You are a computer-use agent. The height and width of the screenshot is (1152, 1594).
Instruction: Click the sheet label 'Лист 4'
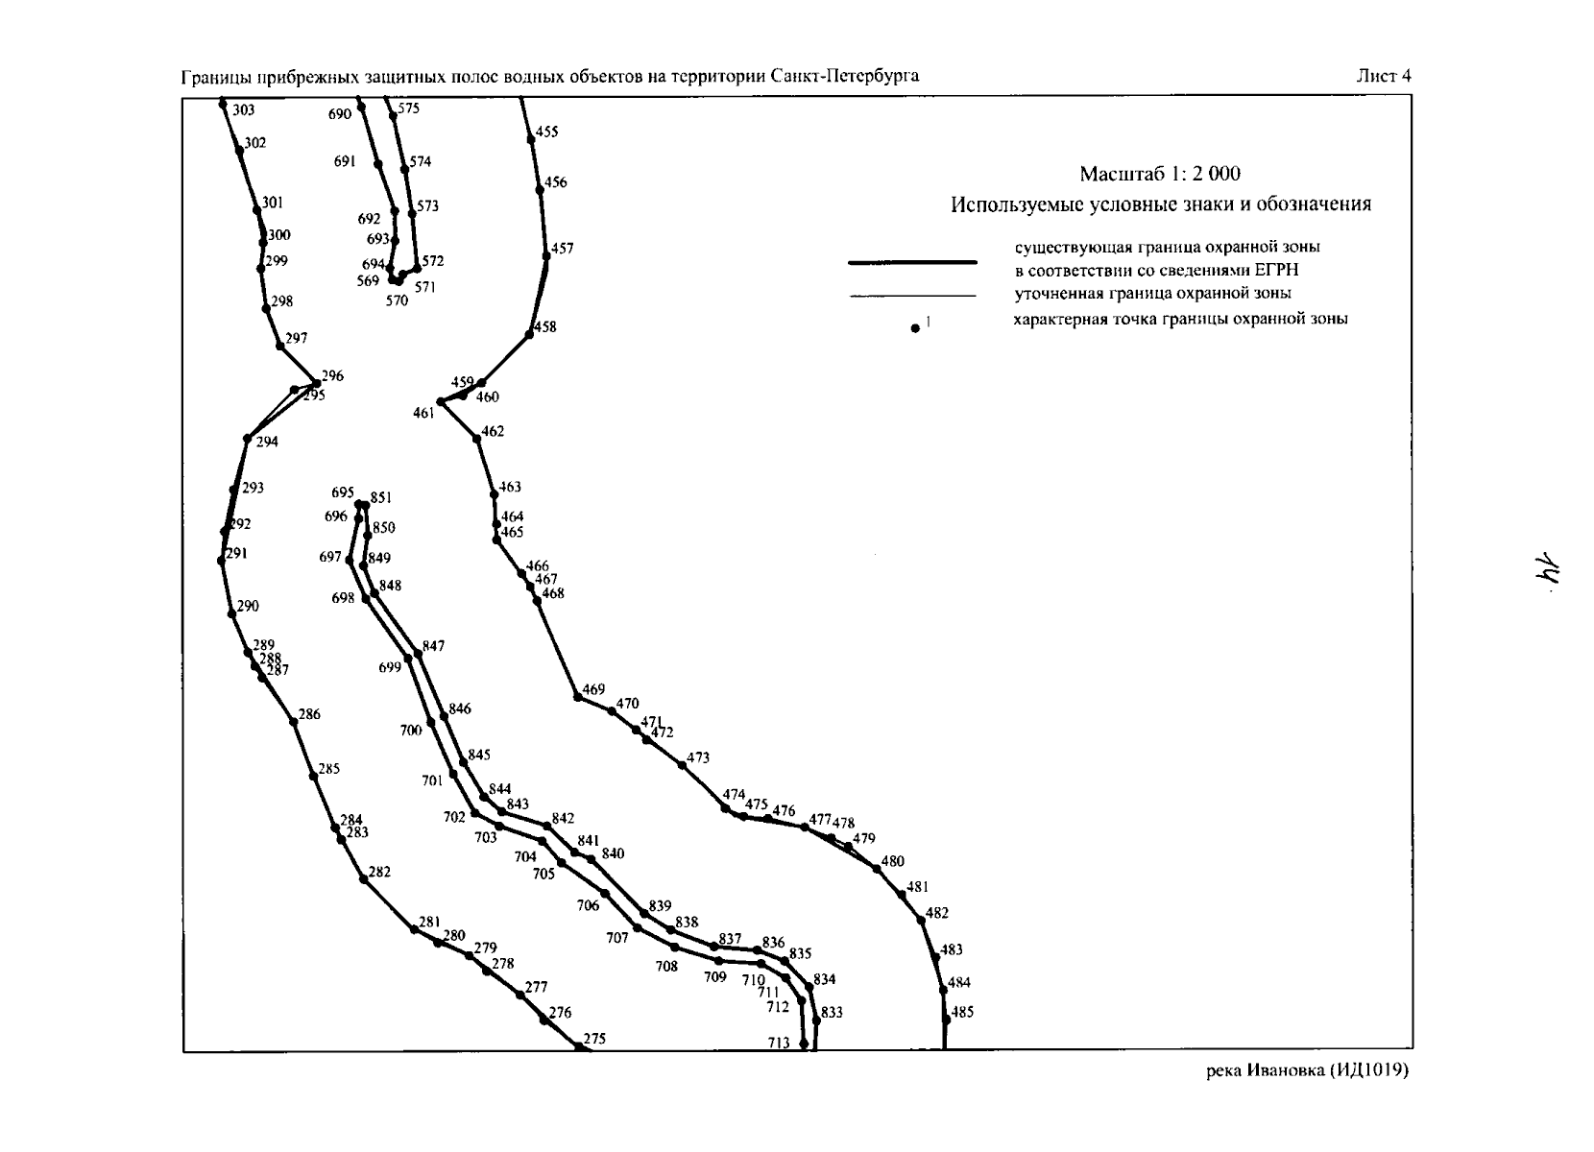coord(1384,76)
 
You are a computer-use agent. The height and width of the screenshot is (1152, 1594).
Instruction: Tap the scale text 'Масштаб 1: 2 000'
coord(1160,174)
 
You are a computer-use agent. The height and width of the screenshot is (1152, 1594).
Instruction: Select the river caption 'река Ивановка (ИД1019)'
coord(1307,1070)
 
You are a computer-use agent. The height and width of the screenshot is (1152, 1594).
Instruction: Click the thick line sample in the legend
coord(912,263)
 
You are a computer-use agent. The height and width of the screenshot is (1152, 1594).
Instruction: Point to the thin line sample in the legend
coord(913,296)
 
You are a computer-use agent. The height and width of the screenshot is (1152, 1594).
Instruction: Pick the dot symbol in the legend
coord(915,328)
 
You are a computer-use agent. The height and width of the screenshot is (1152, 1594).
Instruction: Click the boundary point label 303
coord(243,110)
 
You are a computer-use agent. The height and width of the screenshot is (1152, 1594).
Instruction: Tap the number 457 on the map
coord(562,249)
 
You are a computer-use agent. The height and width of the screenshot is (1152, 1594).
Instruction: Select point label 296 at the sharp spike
coord(332,375)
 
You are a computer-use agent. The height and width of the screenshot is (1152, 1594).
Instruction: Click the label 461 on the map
coord(423,414)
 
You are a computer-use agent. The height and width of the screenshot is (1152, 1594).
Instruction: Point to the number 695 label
coord(342,492)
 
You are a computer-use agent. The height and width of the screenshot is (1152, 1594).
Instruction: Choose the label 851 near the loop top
coord(380,497)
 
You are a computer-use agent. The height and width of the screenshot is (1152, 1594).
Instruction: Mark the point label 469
coord(593,689)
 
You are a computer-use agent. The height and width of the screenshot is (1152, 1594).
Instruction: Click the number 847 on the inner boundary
coord(433,646)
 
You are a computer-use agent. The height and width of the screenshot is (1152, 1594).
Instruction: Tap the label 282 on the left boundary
coord(379,872)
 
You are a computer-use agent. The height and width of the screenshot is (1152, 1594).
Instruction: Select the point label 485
coord(962,1012)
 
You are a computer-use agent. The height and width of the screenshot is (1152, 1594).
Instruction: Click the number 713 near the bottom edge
coord(779,1043)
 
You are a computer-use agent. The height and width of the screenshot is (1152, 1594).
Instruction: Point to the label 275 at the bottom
coord(594,1039)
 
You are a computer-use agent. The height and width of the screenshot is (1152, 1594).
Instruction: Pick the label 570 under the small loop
coord(398,301)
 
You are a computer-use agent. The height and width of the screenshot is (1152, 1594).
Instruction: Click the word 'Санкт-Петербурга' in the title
coord(845,76)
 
